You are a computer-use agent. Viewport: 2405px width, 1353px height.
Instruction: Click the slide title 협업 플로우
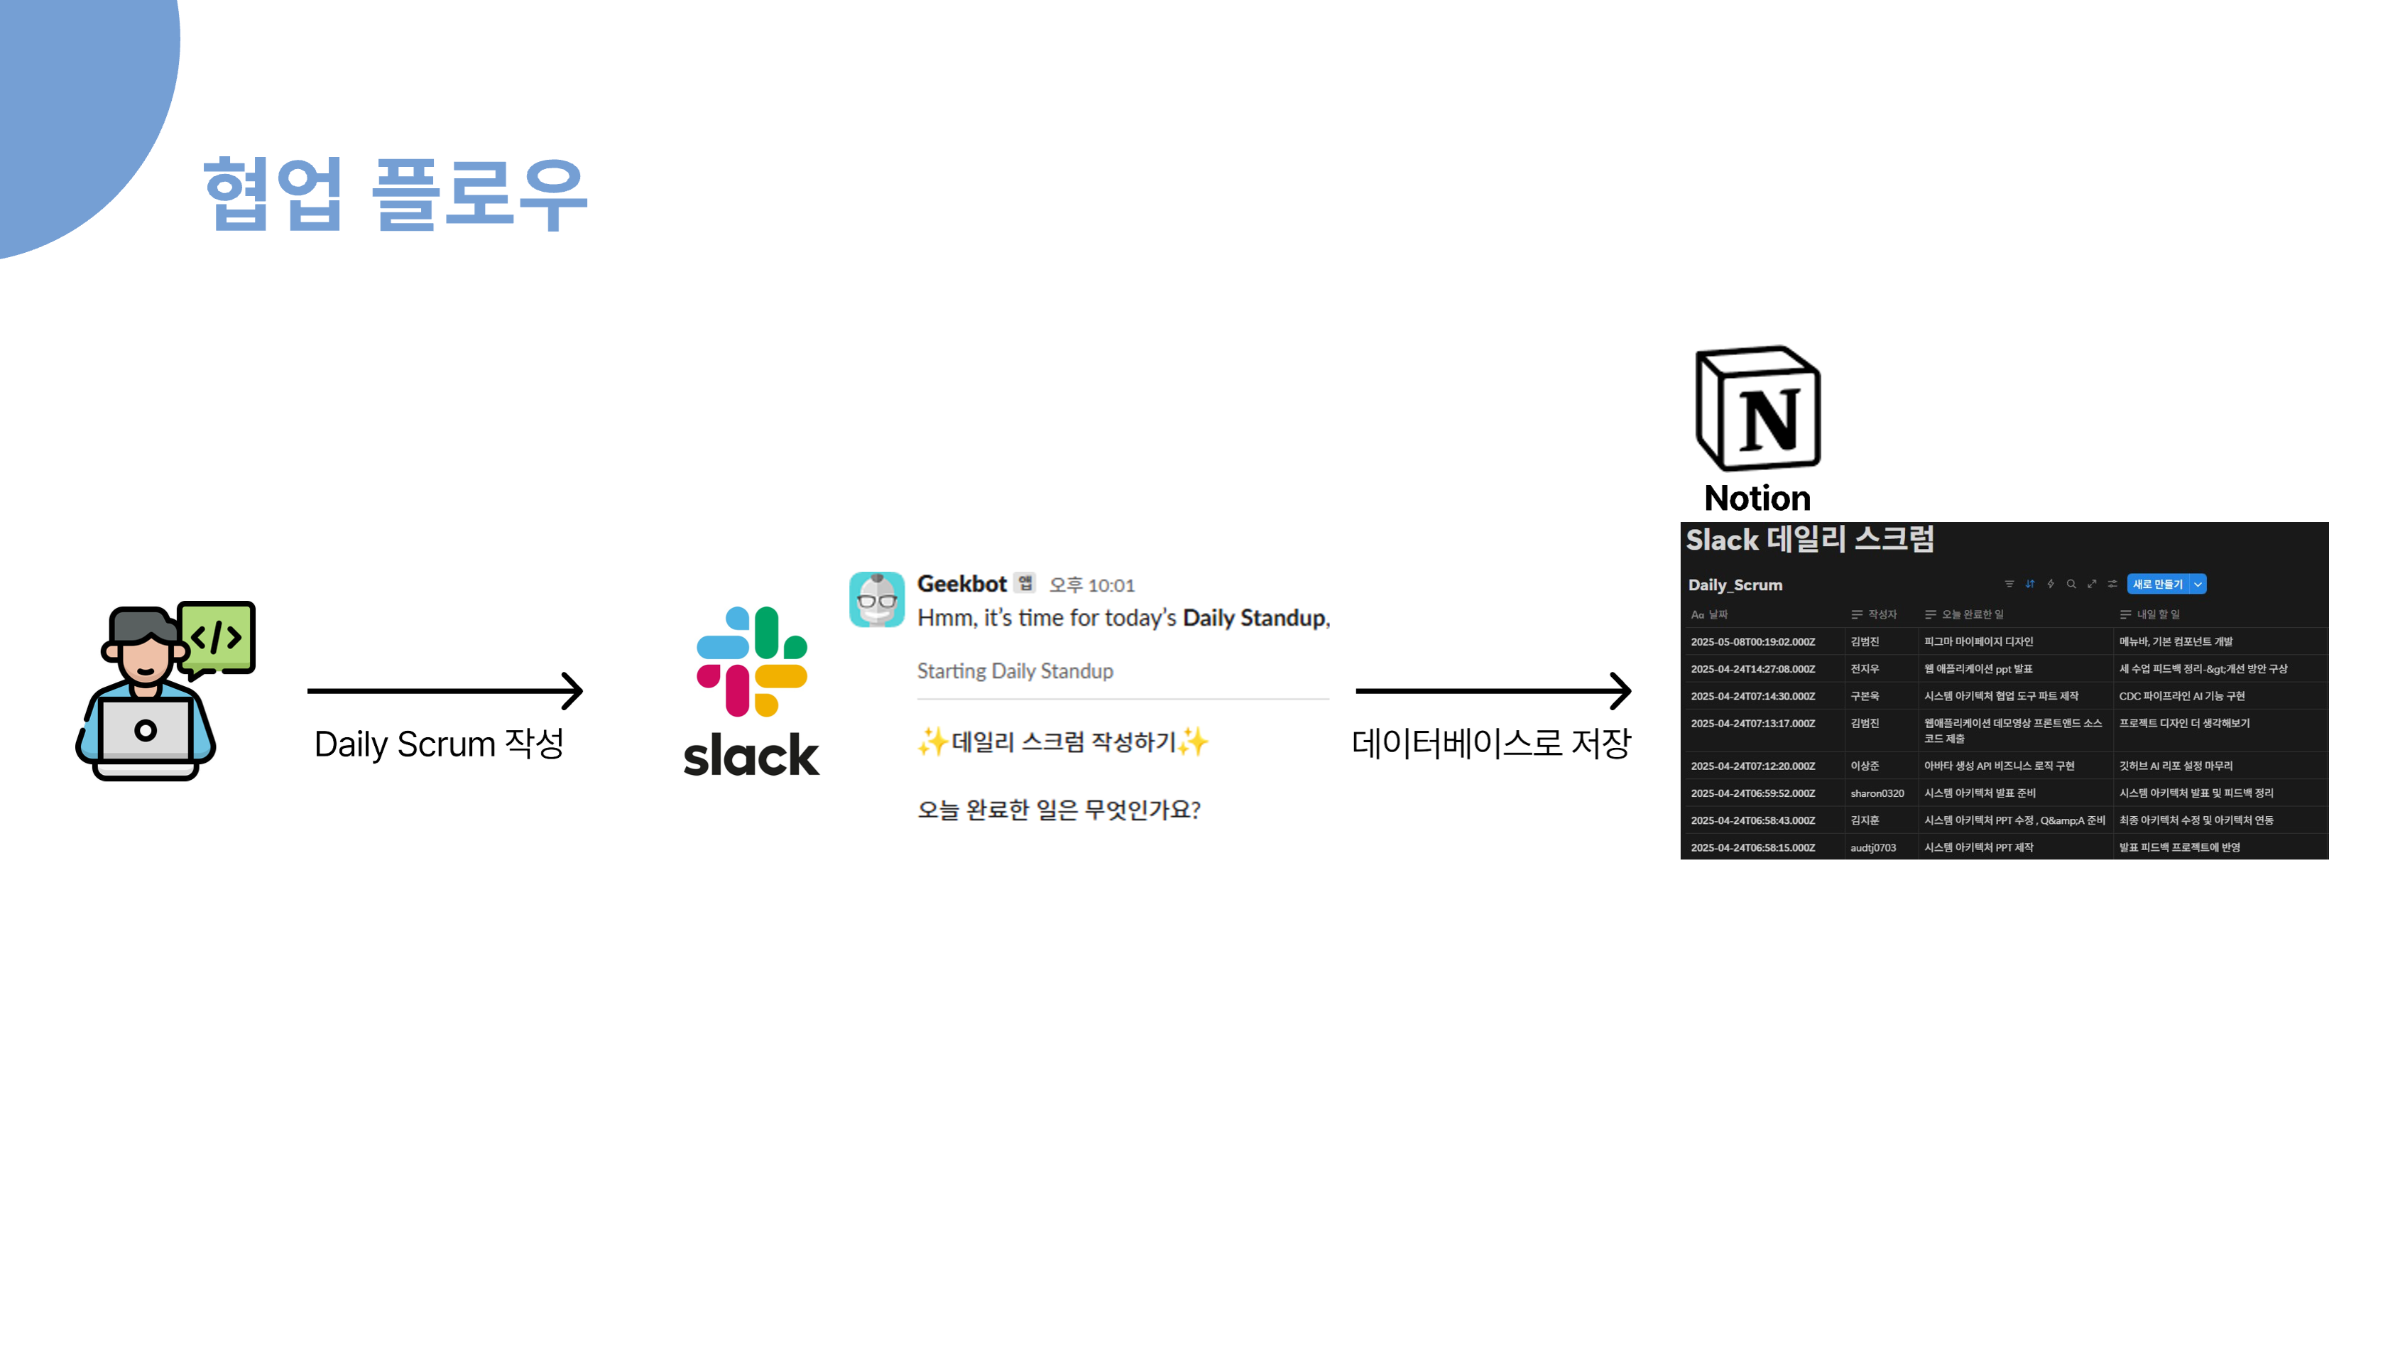pyautogui.click(x=395, y=193)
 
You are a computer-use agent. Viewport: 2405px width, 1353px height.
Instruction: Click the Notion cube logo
pyautogui.click(x=1757, y=408)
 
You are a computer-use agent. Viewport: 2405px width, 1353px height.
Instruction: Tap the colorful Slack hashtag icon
pyautogui.click(x=751, y=661)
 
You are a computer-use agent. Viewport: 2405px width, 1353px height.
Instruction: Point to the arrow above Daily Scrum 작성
pyautogui.click(x=445, y=691)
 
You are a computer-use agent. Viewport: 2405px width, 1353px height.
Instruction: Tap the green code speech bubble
pyautogui.click(x=217, y=638)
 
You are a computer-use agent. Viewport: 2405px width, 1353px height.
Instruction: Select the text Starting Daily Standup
pyautogui.click(x=1015, y=671)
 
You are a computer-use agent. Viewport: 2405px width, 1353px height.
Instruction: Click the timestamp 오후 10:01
pyautogui.click(x=1091, y=585)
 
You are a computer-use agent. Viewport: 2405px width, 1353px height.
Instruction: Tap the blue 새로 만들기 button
pyautogui.click(x=2158, y=585)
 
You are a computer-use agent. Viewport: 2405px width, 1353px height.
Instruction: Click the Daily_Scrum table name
pyautogui.click(x=1735, y=585)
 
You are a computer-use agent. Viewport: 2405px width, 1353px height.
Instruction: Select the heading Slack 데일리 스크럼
pyautogui.click(x=1809, y=540)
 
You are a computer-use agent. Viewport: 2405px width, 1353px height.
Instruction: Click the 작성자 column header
pyautogui.click(x=1881, y=614)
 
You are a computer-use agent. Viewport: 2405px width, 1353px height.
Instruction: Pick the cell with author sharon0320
pyautogui.click(x=1877, y=793)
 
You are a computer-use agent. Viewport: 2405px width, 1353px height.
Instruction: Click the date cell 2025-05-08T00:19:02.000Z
pyautogui.click(x=1752, y=643)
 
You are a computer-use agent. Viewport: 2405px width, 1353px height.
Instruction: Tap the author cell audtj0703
pyautogui.click(x=1873, y=848)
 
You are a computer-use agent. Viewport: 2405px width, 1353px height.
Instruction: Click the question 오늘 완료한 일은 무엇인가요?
pyautogui.click(x=1058, y=810)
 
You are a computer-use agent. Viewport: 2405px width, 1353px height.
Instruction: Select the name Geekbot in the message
pyautogui.click(x=961, y=584)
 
